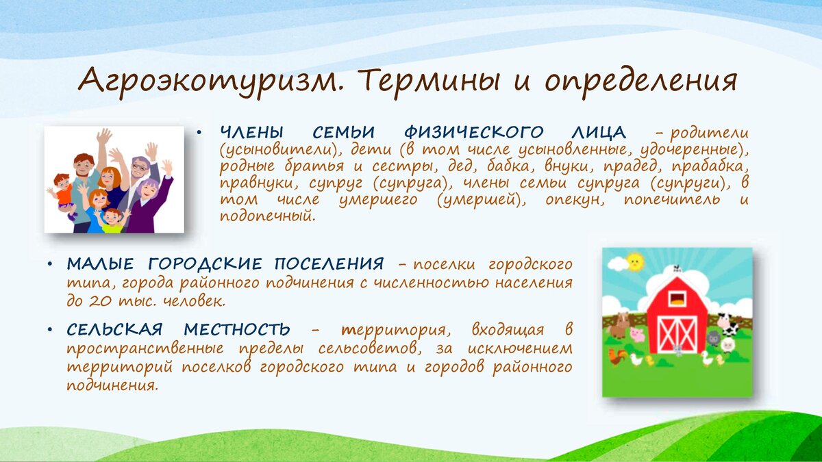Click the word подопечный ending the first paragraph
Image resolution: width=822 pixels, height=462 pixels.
tap(268, 216)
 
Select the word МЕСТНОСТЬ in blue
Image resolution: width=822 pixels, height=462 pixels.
tap(237, 330)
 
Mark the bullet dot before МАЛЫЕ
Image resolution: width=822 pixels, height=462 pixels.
tap(50, 265)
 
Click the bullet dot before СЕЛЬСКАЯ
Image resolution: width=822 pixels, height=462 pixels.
tap(50, 330)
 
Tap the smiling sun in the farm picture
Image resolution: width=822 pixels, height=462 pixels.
tap(635, 261)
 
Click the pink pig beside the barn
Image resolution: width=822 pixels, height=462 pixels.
tap(638, 335)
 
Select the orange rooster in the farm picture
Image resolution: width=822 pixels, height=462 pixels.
tap(617, 357)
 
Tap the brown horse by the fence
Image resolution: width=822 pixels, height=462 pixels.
tap(619, 325)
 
